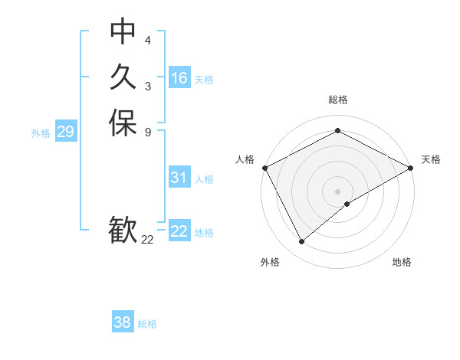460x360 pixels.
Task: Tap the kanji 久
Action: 123,77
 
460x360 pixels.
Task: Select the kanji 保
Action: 123,123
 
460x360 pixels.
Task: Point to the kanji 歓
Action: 123,231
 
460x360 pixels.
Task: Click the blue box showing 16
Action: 179,78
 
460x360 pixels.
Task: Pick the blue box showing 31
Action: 179,178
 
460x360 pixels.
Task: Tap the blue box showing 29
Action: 65,132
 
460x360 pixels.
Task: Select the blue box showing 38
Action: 123,322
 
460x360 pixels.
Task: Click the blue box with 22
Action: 179,231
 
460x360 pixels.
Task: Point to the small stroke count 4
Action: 148,40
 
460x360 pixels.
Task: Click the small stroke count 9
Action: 148,132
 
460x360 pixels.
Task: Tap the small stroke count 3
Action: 148,86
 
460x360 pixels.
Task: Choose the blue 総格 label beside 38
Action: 147,324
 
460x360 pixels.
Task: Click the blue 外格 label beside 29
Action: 41,133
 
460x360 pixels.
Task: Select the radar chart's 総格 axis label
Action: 337,100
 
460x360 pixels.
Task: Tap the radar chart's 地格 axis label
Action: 402,263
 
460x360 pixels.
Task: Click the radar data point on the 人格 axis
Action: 264,168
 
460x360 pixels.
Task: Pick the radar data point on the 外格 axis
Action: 302,242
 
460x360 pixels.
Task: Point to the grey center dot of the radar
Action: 337,191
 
